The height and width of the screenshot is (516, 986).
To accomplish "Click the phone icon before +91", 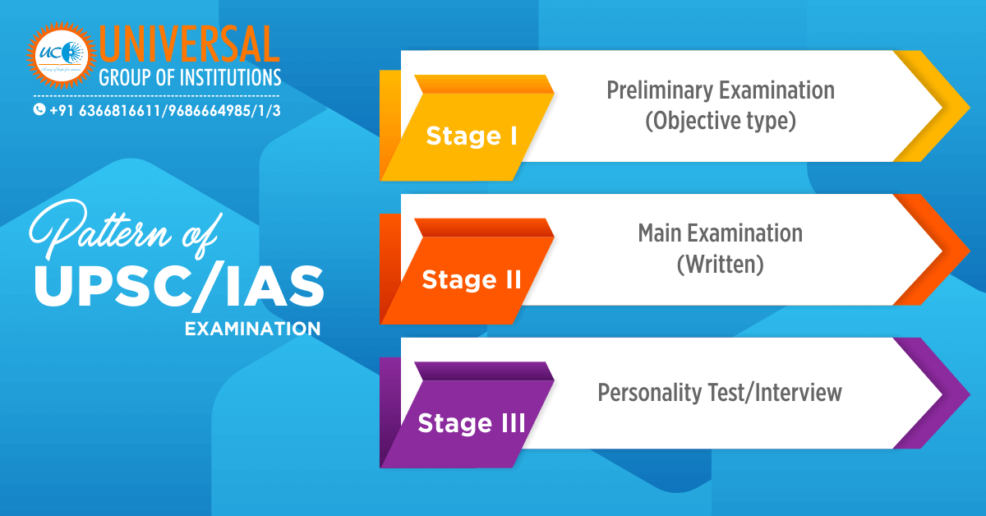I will pyautogui.click(x=39, y=109).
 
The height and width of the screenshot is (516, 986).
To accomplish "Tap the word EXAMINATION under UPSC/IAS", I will pyautogui.click(x=252, y=329).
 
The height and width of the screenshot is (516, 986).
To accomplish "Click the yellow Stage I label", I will pyautogui.click(x=471, y=136).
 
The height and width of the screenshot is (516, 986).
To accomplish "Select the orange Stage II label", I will pyautogui.click(x=472, y=280).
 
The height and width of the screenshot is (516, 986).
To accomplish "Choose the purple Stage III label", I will pyautogui.click(x=471, y=423).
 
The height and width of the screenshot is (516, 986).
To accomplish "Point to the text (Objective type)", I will pyautogui.click(x=721, y=122).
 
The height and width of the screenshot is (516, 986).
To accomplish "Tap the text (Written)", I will pyautogui.click(x=721, y=265).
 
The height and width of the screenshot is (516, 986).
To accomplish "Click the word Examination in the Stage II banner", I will pyautogui.click(x=747, y=233).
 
